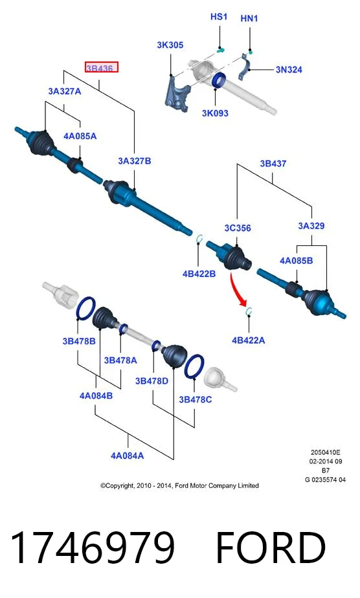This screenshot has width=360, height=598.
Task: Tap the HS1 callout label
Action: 219,17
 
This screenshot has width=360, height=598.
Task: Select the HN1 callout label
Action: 249,18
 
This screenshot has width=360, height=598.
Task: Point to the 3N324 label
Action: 289,70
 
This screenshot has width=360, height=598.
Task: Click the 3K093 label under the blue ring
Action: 215,113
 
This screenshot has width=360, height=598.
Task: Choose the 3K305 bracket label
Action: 170,45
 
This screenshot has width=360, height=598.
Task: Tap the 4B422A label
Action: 248,340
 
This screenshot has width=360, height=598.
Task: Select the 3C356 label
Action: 238,228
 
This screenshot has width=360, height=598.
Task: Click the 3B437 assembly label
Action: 273,164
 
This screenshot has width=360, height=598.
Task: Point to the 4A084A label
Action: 128,456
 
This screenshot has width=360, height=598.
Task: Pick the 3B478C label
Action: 196,400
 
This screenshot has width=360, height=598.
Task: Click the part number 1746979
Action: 93,548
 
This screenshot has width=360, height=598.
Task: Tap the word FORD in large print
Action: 271,548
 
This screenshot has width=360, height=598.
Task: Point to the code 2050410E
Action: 325,452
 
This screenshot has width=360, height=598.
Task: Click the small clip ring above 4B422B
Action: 199,239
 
